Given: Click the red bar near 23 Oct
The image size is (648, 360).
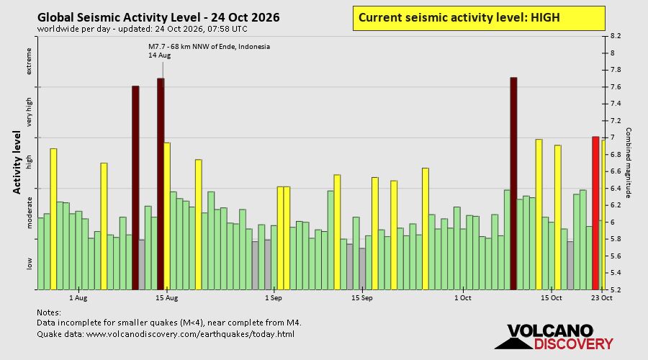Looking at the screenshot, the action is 595,213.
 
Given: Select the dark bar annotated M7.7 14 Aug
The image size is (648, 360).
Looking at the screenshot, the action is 161,184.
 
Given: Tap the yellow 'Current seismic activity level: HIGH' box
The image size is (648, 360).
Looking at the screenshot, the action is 479,18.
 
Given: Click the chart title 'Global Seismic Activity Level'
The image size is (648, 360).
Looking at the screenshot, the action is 122,17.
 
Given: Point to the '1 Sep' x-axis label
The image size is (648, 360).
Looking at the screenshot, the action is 273,298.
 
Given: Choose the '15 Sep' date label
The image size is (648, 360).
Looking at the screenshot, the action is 362,298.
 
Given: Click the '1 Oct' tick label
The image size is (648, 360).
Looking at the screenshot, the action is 463,298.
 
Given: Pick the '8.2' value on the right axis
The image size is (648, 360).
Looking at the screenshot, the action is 616,37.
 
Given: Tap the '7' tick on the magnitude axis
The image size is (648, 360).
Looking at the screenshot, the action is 613,138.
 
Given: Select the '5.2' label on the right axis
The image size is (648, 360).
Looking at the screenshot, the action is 616,289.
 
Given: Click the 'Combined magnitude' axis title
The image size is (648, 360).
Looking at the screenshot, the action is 628,163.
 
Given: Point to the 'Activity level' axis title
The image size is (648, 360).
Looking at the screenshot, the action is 17,163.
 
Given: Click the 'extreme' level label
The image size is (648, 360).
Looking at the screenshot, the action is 29,62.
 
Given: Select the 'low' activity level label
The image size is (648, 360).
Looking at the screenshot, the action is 29,264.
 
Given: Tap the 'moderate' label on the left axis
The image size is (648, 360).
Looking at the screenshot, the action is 29,212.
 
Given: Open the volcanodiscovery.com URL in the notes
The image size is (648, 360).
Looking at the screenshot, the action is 190,334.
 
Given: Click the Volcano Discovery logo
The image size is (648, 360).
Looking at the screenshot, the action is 554,337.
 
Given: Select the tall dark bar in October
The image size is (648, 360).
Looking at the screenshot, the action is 513,184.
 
